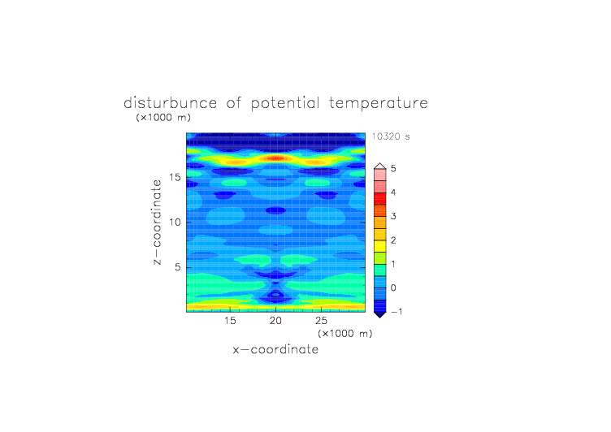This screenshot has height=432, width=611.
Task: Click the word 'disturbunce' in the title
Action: [171, 103]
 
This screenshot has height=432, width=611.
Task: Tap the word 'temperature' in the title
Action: [379, 103]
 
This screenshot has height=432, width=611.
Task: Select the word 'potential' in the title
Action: [285, 103]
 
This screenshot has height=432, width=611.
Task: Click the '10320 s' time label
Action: [391, 136]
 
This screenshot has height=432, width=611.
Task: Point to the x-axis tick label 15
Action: [230, 321]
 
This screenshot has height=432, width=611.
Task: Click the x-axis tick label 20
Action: [275, 321]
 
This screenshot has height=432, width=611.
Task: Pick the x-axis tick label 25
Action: [321, 321]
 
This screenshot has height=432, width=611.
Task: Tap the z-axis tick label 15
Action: [175, 177]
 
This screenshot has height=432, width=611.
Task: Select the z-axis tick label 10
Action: [175, 222]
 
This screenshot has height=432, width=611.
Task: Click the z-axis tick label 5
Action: [178, 267]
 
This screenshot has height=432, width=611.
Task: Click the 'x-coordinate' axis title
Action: [275, 349]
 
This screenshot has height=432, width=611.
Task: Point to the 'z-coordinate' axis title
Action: [157, 222]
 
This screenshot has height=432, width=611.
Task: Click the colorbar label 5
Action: [393, 168]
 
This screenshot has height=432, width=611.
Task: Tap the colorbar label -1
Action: [396, 312]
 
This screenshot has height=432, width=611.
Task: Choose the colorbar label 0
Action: [393, 288]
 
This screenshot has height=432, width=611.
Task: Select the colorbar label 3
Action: [393, 216]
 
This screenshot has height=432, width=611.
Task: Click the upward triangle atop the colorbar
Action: [380, 166]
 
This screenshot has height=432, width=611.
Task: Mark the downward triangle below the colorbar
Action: [380, 315]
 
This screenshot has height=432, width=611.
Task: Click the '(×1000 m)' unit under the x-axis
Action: [345, 334]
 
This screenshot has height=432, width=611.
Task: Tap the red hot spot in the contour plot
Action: [276, 158]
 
